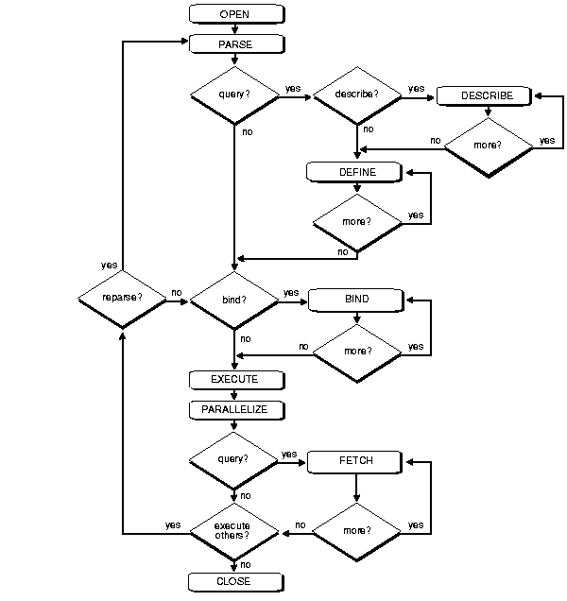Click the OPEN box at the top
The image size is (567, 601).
[234, 14]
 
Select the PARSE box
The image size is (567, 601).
[234, 43]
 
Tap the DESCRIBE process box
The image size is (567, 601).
[487, 96]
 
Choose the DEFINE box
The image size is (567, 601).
[356, 172]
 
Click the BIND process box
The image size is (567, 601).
[356, 299]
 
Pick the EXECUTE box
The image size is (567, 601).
[234, 380]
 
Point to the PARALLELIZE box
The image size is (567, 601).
[234, 410]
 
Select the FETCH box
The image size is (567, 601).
[355, 460]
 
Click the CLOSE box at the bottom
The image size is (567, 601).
[234, 581]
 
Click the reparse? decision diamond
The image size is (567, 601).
[122, 299]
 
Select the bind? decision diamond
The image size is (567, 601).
[234, 299]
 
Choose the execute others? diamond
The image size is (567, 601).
[234, 530]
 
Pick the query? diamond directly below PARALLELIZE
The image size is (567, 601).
[234, 460]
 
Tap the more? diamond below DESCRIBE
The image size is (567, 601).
[487, 146]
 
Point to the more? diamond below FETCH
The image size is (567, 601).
[356, 530]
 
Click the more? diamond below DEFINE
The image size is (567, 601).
[356, 222]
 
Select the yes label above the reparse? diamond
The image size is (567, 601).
[109, 265]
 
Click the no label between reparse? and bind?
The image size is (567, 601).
[177, 293]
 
